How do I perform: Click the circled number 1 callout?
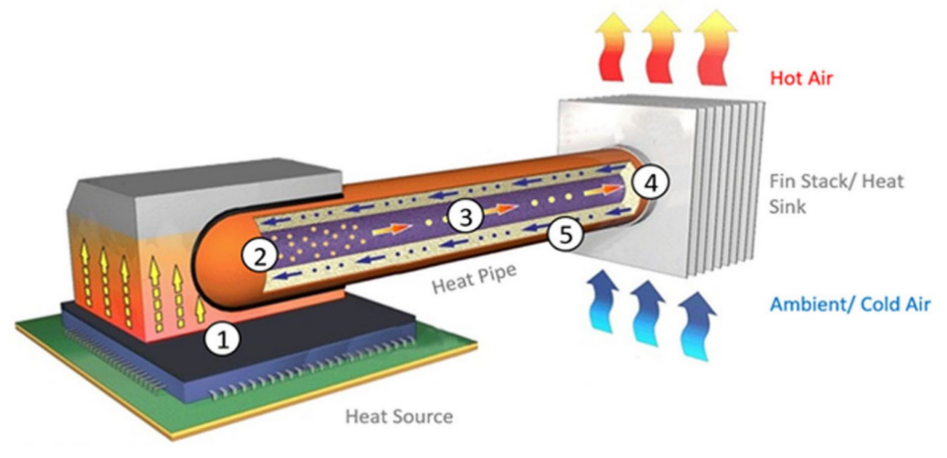click(223, 339)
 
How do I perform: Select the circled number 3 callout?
click(464, 215)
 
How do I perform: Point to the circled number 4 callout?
click(650, 183)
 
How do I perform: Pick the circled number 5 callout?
click(565, 234)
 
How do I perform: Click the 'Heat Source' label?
click(399, 416)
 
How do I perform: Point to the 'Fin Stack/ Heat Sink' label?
click(836, 194)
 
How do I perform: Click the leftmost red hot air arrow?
click(612, 46)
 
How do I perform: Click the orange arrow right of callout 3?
click(500, 209)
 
